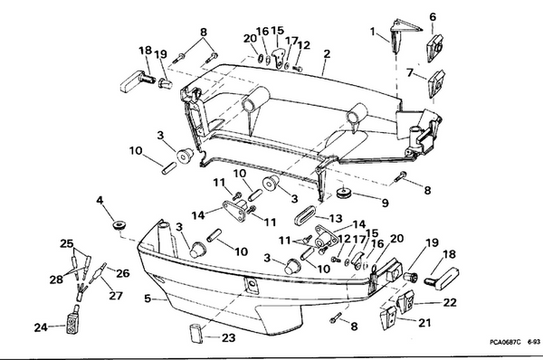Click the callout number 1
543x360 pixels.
point(373,32)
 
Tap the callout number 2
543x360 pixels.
point(327,54)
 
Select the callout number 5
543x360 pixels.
point(148,298)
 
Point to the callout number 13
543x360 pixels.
point(335,218)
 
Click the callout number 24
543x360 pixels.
point(41,327)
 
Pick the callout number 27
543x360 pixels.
point(116,295)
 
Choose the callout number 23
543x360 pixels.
point(228,337)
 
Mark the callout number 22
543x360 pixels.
point(450,302)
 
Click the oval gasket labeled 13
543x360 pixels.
point(304,217)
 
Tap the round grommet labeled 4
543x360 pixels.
point(119,224)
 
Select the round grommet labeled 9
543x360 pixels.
point(344,192)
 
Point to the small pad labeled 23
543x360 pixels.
point(196,333)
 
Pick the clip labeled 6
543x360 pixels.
point(434,48)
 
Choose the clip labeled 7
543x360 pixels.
point(436,84)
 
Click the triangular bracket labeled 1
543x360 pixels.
point(402,34)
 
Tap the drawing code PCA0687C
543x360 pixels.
point(505,342)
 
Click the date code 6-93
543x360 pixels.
point(534,342)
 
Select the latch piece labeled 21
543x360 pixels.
point(387,318)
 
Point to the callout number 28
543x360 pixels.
point(56,279)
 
